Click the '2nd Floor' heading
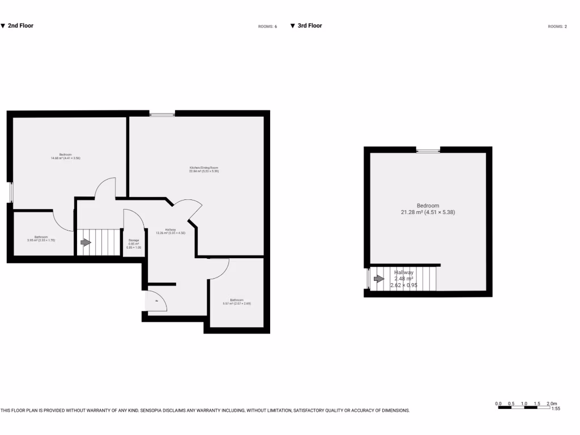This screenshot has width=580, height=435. [20, 25]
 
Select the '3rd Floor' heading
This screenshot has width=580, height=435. [309, 25]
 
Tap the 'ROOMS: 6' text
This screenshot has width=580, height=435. [267, 27]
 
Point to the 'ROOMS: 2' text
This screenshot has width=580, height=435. [557, 27]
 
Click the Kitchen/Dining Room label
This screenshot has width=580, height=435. [204, 169]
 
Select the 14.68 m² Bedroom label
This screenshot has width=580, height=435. [66, 156]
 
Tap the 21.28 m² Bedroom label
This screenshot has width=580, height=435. [428, 209]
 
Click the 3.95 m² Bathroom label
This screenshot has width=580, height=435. [41, 238]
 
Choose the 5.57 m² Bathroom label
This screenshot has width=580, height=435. [237, 301]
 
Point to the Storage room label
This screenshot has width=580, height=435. [134, 244]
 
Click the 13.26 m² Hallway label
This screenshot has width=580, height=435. [170, 231]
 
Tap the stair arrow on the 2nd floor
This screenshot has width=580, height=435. [86, 242]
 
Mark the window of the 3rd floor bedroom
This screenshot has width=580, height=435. [428, 151]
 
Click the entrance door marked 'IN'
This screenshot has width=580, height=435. [156, 301]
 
